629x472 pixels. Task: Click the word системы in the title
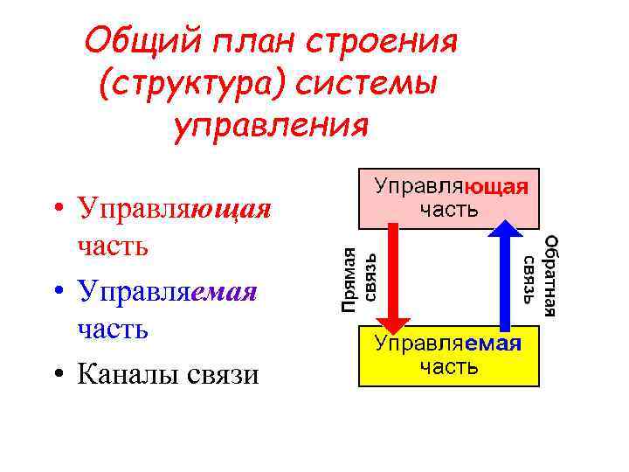tap(368, 84)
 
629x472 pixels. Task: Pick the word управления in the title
tap(272, 127)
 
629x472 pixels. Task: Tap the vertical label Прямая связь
tap(358, 280)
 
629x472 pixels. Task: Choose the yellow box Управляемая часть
tap(449, 354)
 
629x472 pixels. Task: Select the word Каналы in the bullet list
tap(128, 374)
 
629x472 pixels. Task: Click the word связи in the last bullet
tap(223, 375)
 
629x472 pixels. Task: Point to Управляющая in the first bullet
tap(174, 209)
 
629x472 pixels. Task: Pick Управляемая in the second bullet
tap(167, 292)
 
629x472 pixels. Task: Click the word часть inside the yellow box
tap(448, 366)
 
